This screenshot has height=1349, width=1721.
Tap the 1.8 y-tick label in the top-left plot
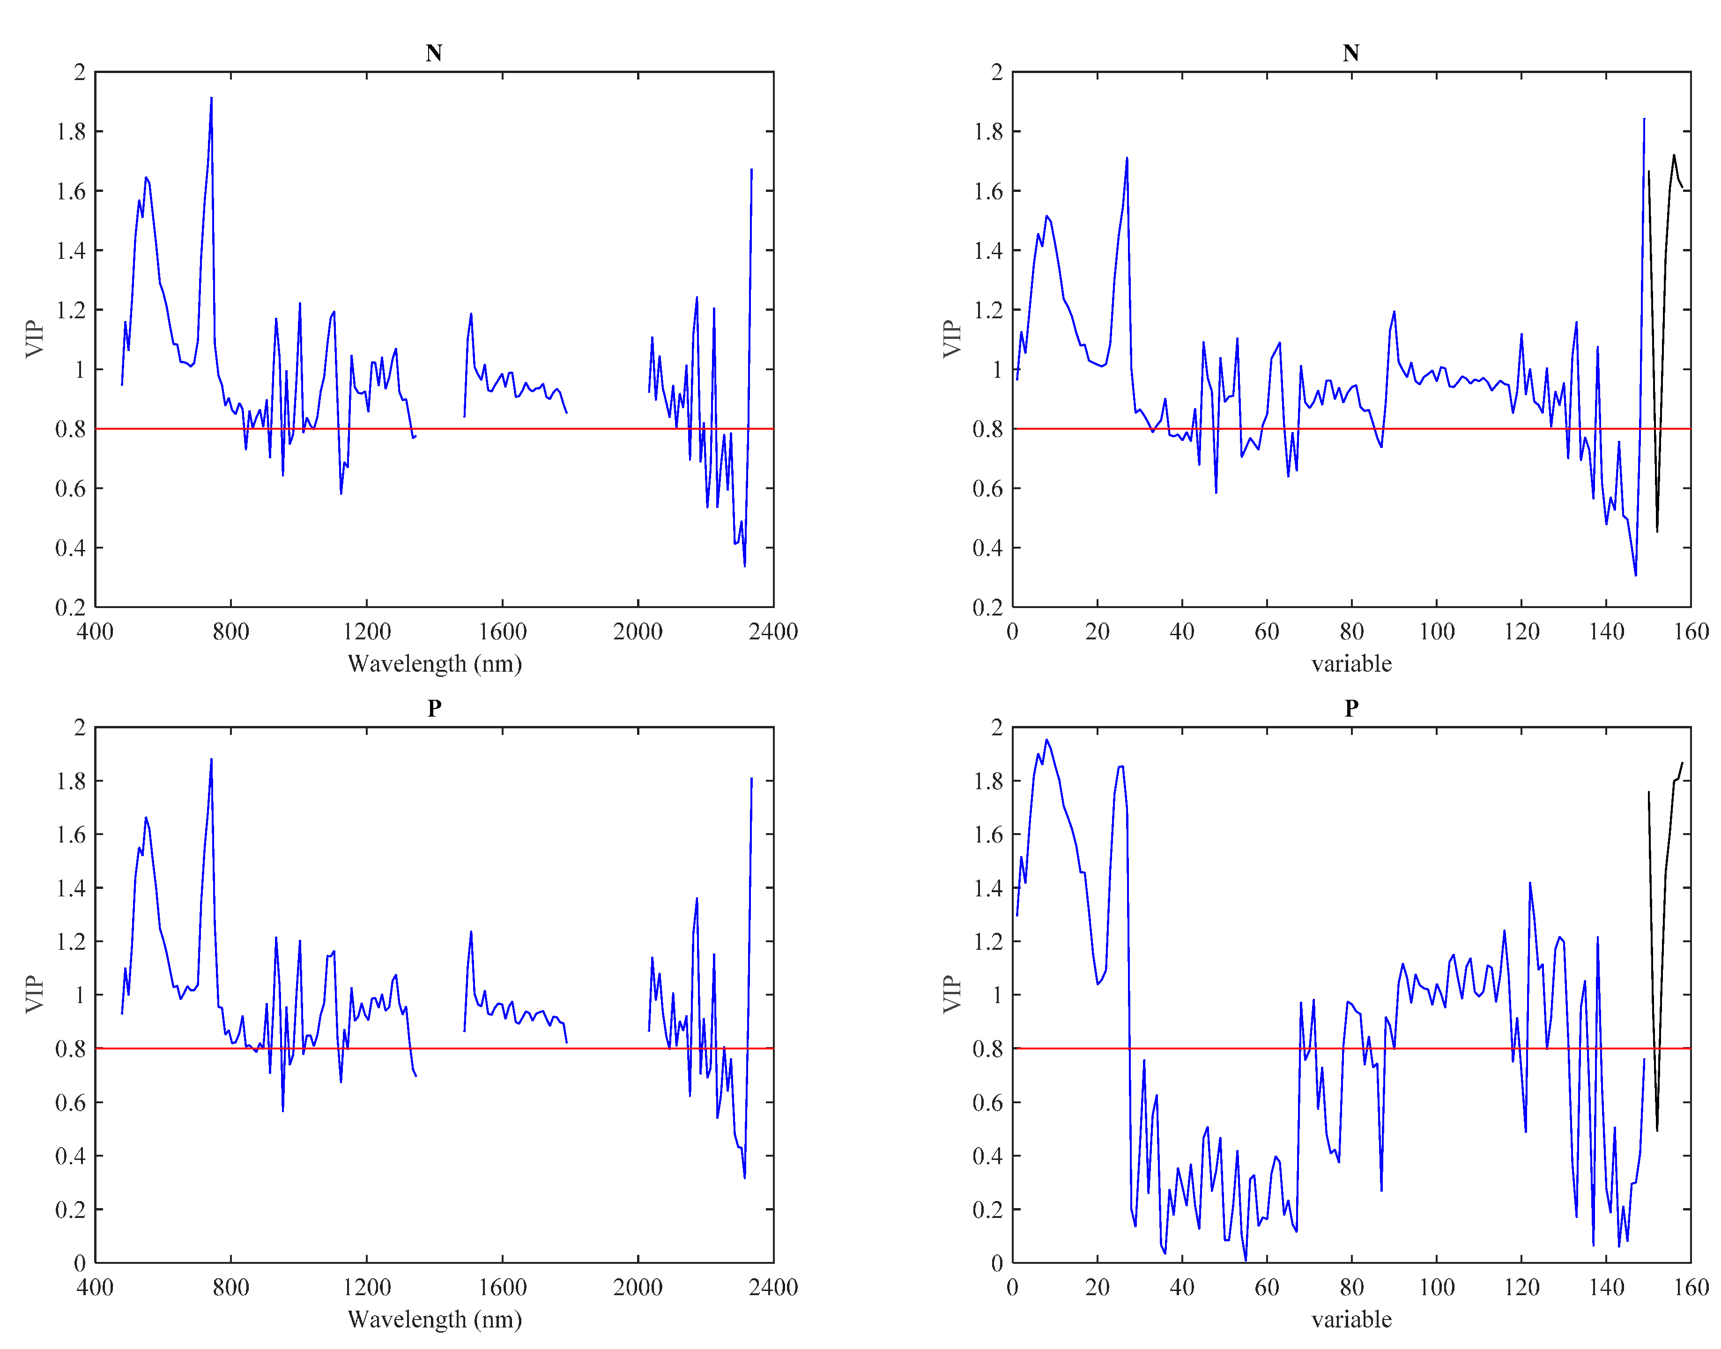click(x=70, y=131)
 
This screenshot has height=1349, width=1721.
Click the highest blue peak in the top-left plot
click(x=211, y=98)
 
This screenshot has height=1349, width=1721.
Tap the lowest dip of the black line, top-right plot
click(x=1656, y=531)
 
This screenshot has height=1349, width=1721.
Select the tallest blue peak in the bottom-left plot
click(x=211, y=760)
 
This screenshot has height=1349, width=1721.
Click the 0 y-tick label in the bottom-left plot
click(x=79, y=1263)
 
